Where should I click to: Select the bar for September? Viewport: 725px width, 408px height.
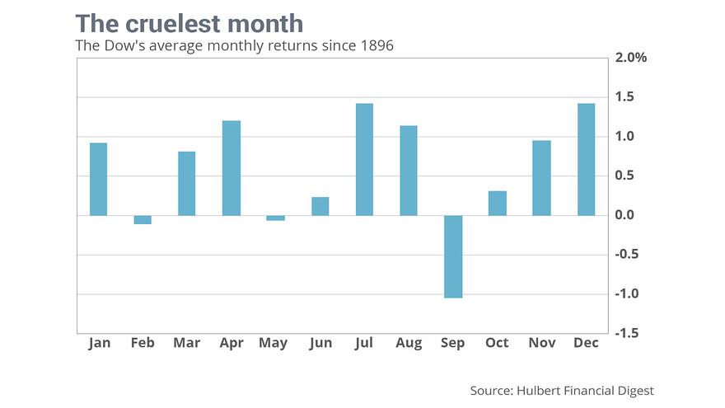point(453,256)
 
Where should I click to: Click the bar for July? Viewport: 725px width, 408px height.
point(364,160)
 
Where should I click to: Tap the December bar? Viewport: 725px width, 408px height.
point(586,160)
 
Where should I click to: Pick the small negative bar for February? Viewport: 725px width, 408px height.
point(143,219)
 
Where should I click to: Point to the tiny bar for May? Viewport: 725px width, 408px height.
point(275,218)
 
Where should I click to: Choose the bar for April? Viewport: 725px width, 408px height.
point(232,168)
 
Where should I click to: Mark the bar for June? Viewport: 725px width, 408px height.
point(320,206)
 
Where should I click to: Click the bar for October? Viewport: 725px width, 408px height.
point(498,204)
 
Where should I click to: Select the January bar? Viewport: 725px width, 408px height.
point(98,180)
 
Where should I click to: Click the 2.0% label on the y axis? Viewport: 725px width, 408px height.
point(630,58)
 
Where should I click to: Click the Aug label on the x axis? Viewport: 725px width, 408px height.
point(409,343)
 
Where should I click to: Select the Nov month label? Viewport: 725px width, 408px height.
point(541,343)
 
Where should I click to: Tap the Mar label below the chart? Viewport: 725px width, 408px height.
point(187,343)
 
